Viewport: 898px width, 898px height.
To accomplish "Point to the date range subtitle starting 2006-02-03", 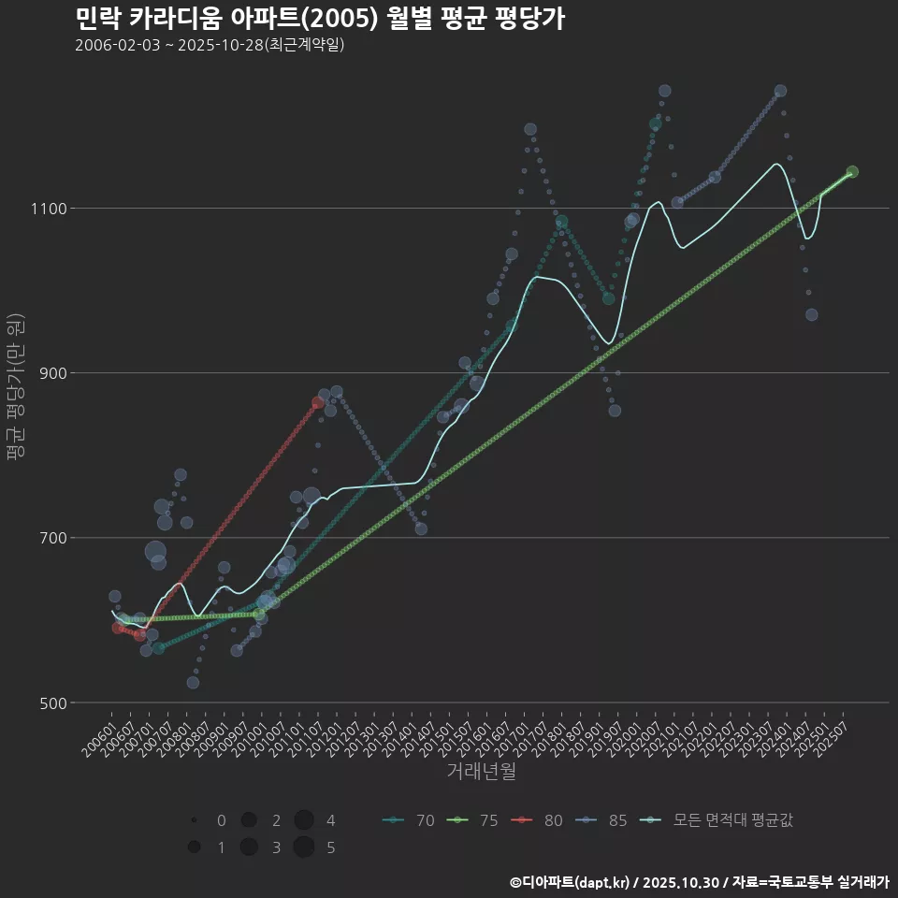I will (210, 45).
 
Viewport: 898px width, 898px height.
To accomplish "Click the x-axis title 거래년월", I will (481, 771).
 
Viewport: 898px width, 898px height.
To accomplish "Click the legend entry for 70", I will (409, 820).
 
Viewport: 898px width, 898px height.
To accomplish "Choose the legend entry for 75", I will (472, 820).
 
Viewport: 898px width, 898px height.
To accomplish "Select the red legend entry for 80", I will (537, 820).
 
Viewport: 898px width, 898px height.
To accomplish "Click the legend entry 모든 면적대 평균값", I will (720, 820).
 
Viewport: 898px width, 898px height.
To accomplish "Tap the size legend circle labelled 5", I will (303, 847).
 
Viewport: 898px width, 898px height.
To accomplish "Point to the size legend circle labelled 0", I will (194, 820).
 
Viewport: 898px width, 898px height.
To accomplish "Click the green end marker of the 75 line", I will (852, 172).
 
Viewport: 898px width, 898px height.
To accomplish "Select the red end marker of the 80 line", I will (318, 402).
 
